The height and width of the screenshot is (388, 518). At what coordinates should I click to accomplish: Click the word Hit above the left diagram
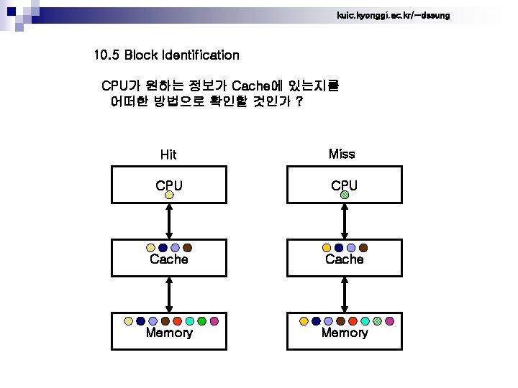point(168,154)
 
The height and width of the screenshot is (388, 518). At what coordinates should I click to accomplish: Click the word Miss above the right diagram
point(342,154)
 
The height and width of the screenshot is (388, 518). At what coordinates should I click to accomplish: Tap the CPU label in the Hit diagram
point(169,185)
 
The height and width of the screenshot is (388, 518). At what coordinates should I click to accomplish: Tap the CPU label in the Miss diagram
point(345,185)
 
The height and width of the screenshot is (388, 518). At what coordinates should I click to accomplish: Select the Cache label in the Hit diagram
point(169,259)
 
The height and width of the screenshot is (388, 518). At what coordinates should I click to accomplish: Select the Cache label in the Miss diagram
point(345,259)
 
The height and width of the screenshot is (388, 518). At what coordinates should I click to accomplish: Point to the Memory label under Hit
point(169,333)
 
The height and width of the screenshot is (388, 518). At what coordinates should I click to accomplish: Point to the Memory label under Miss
point(345,333)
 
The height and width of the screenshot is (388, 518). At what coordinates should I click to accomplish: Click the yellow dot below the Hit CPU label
point(169,194)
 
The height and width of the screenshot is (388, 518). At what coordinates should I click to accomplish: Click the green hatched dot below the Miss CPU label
point(345,194)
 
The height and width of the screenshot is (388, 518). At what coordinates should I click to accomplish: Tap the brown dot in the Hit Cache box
point(187,248)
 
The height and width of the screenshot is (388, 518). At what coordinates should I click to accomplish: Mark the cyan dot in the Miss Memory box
point(365,321)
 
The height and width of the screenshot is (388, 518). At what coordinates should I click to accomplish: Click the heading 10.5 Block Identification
point(166,55)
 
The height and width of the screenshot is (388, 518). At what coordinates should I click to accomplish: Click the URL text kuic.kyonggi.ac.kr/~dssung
point(393,15)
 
